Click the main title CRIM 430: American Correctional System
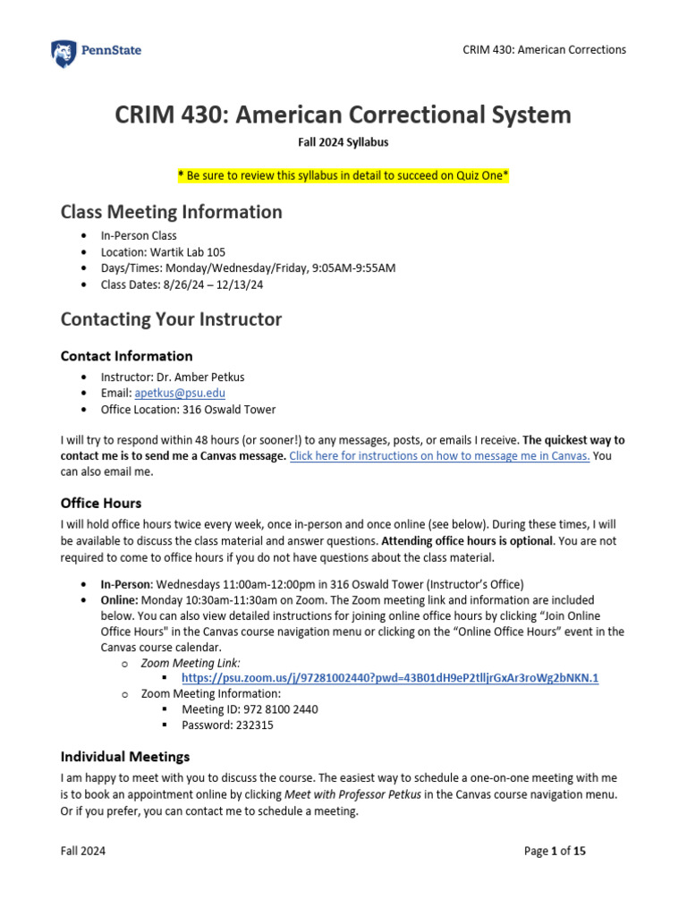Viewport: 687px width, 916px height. (x=343, y=114)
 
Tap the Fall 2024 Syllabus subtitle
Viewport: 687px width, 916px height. (x=343, y=142)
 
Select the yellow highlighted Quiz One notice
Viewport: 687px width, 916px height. (x=343, y=176)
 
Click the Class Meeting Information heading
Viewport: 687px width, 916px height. (x=171, y=212)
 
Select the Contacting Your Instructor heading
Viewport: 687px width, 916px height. (x=171, y=319)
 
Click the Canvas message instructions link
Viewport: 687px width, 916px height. (x=439, y=455)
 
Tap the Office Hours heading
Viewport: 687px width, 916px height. (x=100, y=503)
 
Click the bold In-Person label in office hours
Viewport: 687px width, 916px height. (x=126, y=584)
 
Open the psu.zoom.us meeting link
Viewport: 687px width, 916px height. (x=390, y=678)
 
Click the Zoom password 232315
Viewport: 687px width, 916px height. (x=252, y=725)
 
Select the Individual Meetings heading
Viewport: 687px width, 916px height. (x=124, y=757)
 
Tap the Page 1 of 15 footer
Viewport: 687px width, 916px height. (x=556, y=852)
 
